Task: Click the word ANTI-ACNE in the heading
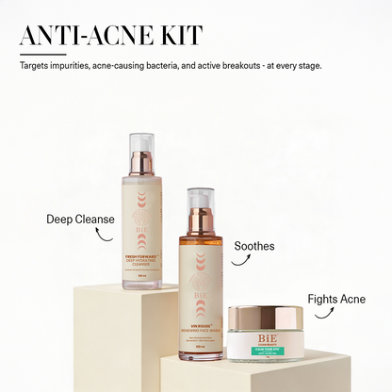(x=93, y=35)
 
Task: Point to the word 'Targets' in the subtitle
(x=33, y=67)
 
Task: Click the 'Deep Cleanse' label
(x=80, y=220)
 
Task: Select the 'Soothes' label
(x=254, y=246)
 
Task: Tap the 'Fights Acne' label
(x=336, y=299)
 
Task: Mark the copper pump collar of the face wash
(x=200, y=223)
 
